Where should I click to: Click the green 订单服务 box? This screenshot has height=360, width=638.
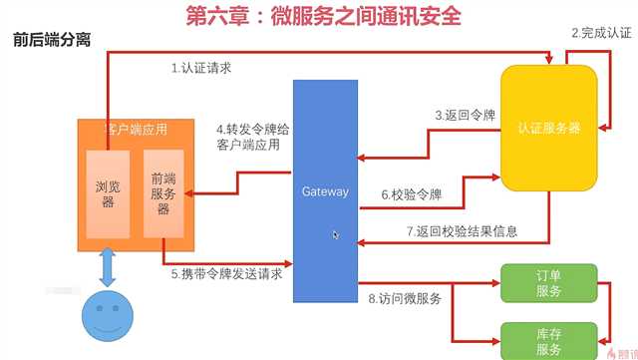(548, 282)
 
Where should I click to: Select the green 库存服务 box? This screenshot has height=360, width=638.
(548, 340)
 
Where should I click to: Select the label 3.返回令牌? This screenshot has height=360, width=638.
(466, 116)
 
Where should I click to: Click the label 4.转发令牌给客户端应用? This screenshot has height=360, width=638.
(248, 137)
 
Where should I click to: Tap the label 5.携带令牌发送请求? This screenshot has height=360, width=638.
(225, 273)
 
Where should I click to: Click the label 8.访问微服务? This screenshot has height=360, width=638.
(405, 297)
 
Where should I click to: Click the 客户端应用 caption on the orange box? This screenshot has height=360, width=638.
(136, 129)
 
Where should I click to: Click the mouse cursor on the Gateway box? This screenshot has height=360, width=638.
(335, 234)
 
